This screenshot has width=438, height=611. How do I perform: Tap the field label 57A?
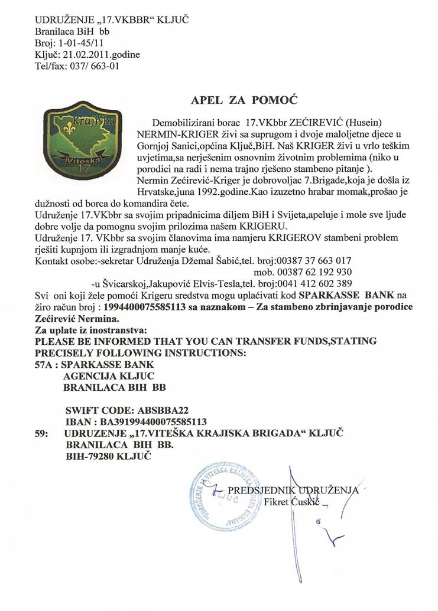(x=46, y=365)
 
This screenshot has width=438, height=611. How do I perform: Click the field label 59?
(x=41, y=433)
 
